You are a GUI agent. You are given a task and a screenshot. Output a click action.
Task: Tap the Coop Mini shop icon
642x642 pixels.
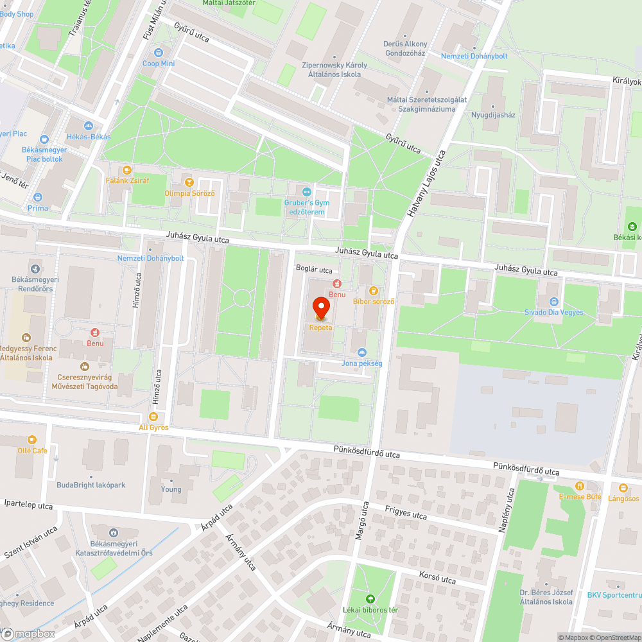point(159,53)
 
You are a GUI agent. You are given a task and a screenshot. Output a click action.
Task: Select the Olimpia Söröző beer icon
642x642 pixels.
point(188,182)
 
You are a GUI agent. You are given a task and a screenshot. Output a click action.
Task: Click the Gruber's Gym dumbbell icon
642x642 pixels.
point(307,191)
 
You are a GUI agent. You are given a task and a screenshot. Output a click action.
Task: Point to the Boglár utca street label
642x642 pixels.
point(313,270)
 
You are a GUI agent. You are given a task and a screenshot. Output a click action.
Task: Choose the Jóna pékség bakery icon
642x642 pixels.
point(362,352)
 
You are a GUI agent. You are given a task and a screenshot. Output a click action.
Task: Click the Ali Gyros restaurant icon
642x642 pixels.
point(153,416)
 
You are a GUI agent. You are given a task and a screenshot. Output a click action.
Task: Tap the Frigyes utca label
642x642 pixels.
point(406,512)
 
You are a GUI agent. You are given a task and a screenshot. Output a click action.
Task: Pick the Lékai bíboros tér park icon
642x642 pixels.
point(369,598)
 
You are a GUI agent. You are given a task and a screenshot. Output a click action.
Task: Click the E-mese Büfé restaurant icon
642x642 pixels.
point(580,486)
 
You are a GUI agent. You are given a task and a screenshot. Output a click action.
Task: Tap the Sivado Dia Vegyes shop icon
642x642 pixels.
point(553,301)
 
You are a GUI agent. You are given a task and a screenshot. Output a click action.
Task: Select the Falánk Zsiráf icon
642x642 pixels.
point(126,169)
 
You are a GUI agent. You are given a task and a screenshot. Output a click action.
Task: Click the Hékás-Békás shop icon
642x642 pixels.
point(89,126)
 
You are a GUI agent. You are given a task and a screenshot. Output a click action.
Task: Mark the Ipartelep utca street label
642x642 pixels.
point(28,505)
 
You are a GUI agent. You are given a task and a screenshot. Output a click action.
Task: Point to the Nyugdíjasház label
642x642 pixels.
point(494,115)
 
